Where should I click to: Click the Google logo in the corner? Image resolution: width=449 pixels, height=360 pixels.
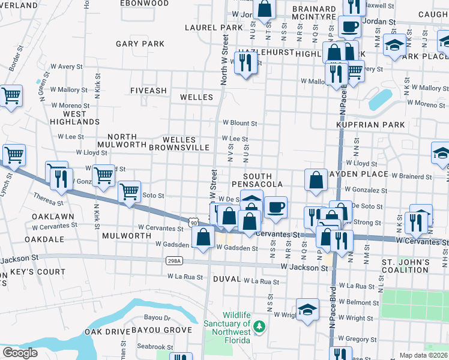20,352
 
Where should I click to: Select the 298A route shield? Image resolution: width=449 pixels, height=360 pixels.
172,261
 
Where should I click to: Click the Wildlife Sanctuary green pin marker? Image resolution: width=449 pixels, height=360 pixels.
259,326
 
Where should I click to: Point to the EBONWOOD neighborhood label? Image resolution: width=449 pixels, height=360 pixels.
143,3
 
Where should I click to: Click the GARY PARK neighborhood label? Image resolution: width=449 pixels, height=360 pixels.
140,44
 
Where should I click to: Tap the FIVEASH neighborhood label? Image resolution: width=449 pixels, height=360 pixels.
148,91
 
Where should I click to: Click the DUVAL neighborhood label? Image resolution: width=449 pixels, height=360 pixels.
225,280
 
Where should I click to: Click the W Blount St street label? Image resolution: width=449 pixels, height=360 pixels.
240,123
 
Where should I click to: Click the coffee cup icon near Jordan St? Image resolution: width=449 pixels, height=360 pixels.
349,26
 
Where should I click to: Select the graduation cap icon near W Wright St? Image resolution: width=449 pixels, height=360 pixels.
307,310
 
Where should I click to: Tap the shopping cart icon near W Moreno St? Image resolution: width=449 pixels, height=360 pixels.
11,95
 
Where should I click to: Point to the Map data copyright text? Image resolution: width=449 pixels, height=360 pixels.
424,355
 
